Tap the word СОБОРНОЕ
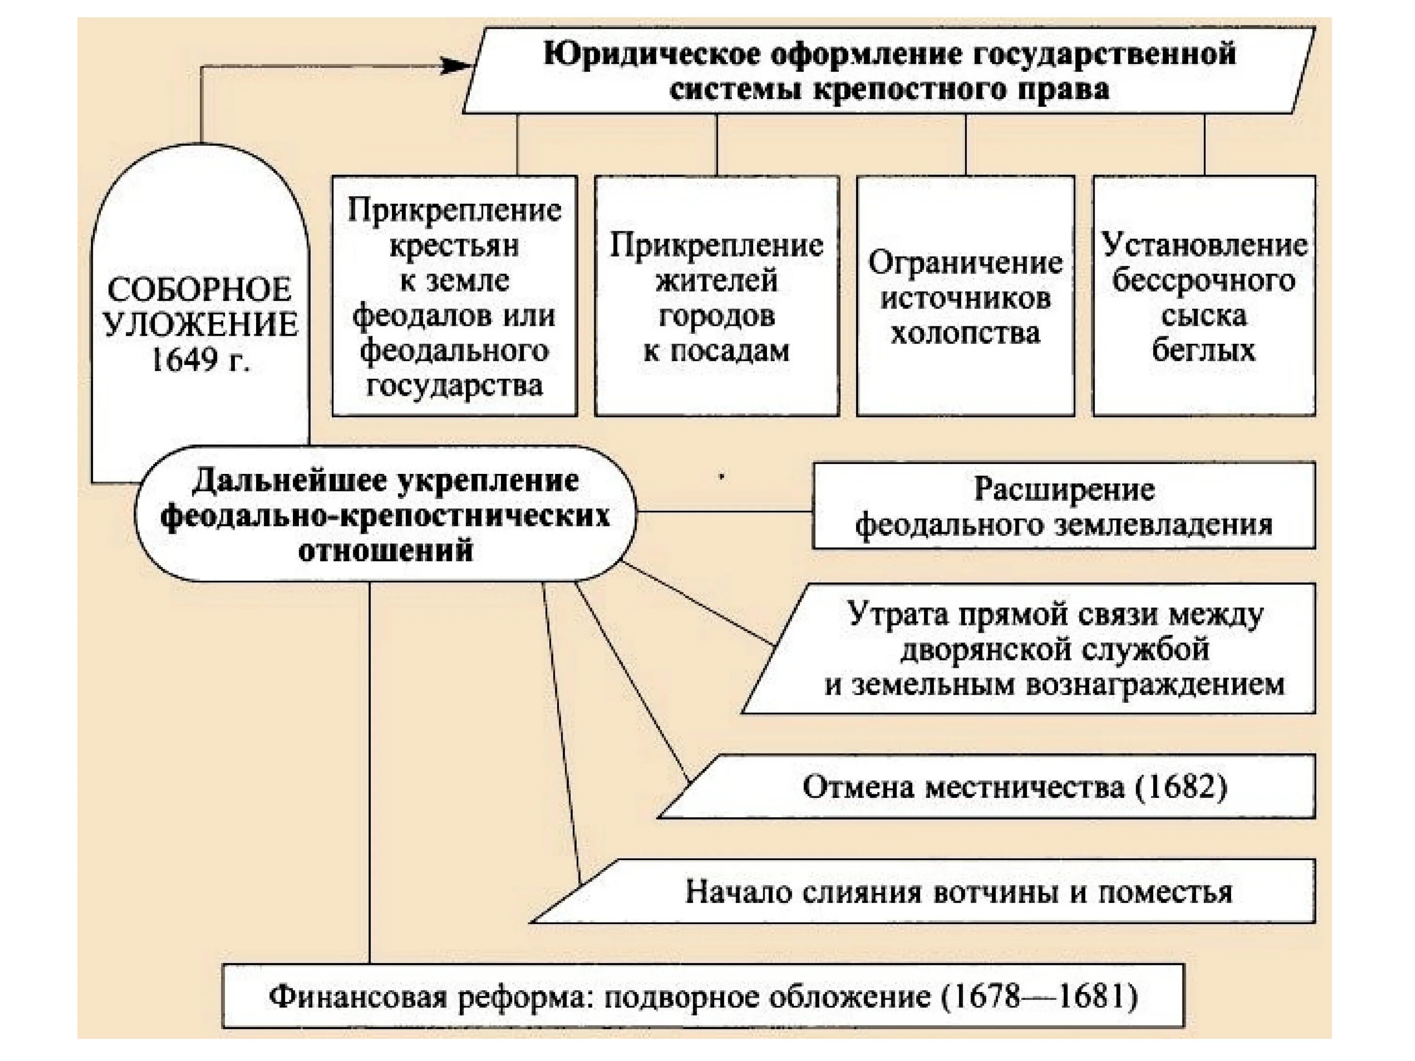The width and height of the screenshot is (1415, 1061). (x=199, y=290)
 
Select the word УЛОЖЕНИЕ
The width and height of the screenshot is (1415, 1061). (x=200, y=325)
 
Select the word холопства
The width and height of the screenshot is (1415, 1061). (x=966, y=333)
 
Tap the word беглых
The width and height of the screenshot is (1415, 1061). (x=1203, y=350)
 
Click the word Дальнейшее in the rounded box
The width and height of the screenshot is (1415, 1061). (x=291, y=481)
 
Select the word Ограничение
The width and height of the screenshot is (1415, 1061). (x=966, y=263)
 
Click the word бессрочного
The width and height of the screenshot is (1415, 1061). (x=1203, y=281)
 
